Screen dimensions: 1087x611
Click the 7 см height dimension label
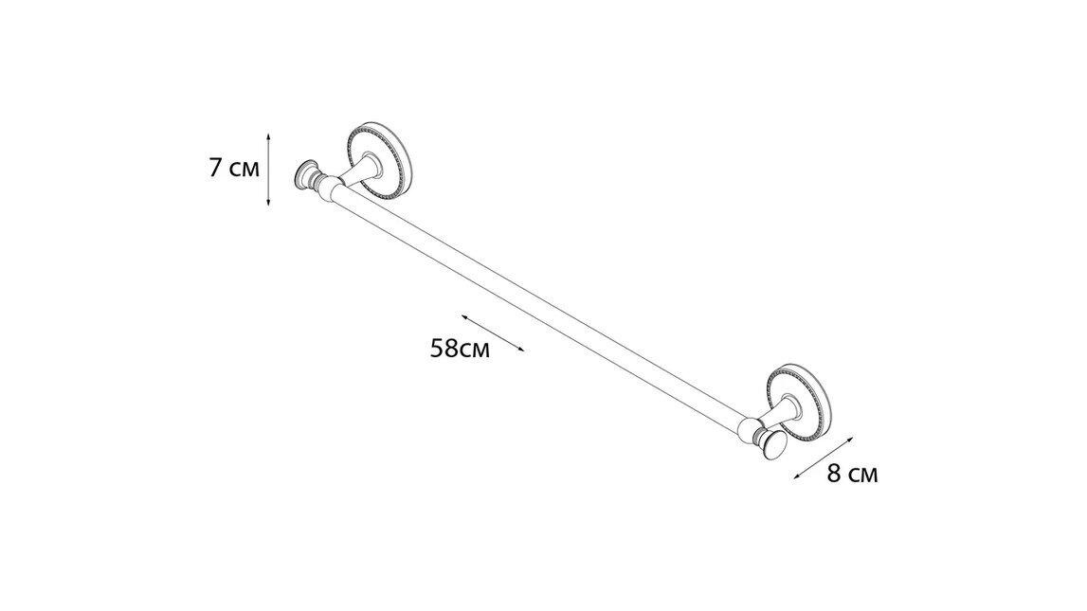(x=232, y=170)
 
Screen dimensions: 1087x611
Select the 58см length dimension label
(x=460, y=350)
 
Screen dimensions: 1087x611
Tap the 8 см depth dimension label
(x=852, y=475)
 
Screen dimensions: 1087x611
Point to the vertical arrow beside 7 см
(x=270, y=170)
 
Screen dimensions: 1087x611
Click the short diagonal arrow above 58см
(x=493, y=333)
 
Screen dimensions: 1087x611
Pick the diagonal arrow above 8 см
(x=823, y=458)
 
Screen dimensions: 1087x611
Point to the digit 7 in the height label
(x=216, y=170)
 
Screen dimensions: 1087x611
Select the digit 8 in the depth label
(x=834, y=475)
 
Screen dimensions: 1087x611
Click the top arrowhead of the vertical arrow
(x=270, y=135)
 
